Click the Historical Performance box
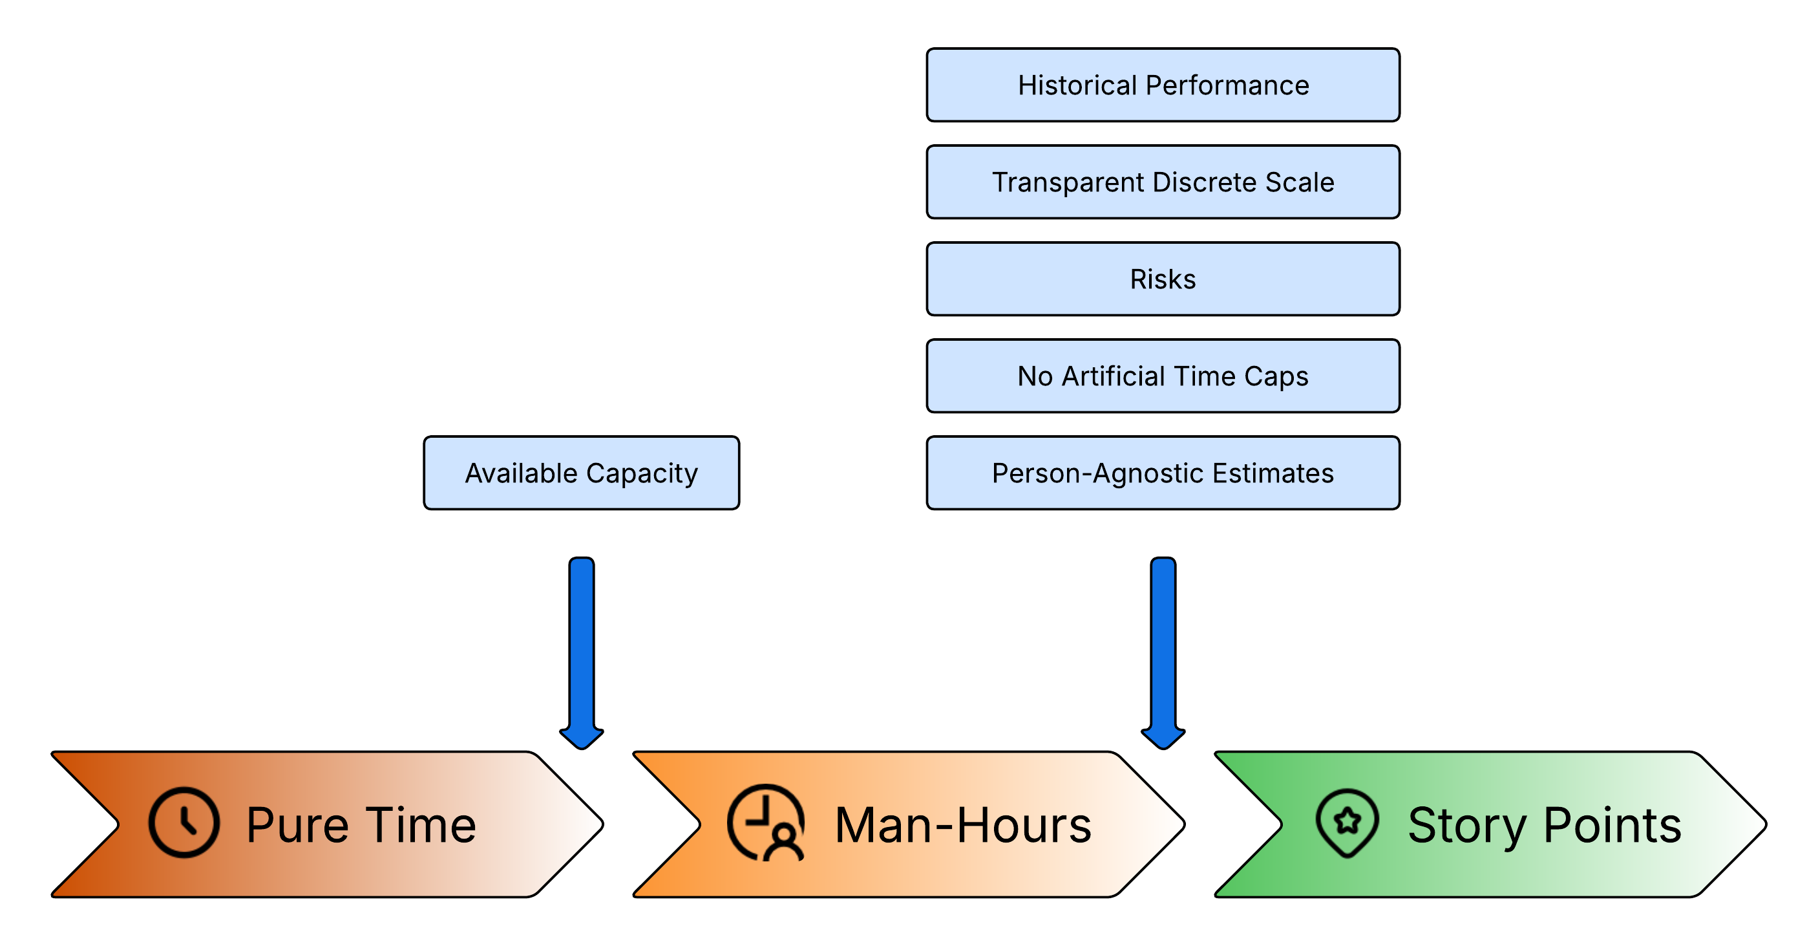[1163, 85]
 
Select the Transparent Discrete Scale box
[1163, 182]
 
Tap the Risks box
[1163, 279]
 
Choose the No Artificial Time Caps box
[1163, 376]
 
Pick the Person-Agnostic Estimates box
[1163, 473]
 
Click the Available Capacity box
[581, 473]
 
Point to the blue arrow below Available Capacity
[581, 649]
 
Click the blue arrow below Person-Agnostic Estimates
[1163, 649]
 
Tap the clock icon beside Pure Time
[184, 822]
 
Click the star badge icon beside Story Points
[1347, 822]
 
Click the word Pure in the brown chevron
[297, 824]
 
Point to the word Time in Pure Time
[421, 824]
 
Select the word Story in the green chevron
[1466, 824]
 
